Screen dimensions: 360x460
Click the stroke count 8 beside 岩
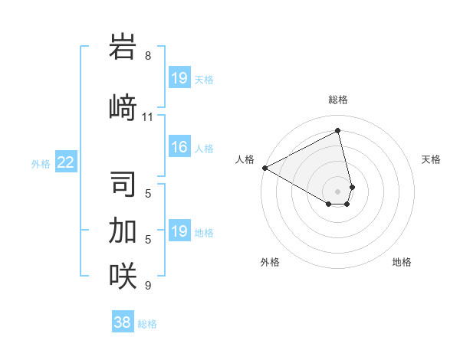coord(148,56)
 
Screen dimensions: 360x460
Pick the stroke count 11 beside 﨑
coord(148,117)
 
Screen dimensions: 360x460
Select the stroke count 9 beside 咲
coord(148,286)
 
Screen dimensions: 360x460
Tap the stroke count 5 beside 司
coord(148,193)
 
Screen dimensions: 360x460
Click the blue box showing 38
coord(123,322)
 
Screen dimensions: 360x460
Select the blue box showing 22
coord(66,162)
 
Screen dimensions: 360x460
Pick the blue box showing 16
coord(179,147)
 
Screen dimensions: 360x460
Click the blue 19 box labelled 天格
coord(179,78)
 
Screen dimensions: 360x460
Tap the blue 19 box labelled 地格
coord(179,231)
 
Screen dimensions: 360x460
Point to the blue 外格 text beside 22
coord(41,163)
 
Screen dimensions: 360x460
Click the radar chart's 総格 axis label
coord(338,100)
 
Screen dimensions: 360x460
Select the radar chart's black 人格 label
coord(245,159)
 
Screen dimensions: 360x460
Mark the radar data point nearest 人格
coord(264,167)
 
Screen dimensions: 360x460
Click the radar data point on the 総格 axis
coord(338,131)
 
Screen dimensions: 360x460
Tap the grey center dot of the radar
coord(338,190)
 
